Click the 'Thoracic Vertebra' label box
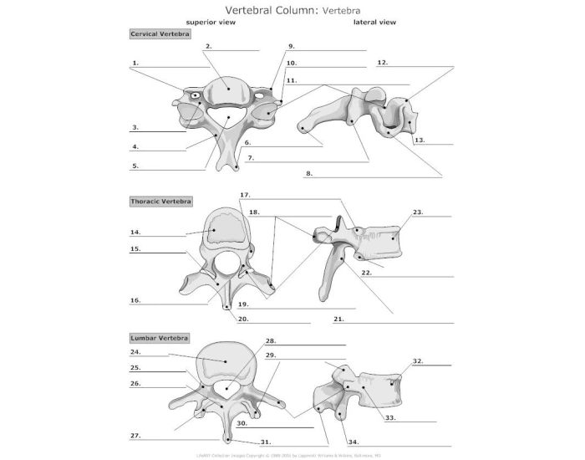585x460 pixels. (x=161, y=202)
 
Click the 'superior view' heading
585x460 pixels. (x=211, y=23)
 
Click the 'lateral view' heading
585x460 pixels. (x=375, y=23)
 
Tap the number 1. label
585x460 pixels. (x=135, y=63)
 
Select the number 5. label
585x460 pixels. (x=135, y=166)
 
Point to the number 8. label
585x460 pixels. (x=309, y=173)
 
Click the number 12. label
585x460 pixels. (x=382, y=62)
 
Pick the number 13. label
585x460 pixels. (x=420, y=140)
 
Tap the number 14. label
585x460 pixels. (x=135, y=232)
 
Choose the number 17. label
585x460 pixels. (x=245, y=195)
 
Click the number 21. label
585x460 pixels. (x=338, y=319)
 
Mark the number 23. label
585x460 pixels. (x=417, y=212)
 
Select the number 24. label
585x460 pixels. (x=135, y=352)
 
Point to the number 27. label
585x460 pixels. (x=135, y=436)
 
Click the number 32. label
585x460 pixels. (x=417, y=360)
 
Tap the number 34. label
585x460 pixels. (x=354, y=441)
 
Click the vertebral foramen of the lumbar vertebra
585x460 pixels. (x=224, y=387)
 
